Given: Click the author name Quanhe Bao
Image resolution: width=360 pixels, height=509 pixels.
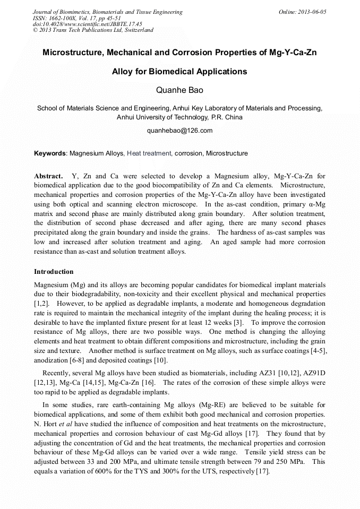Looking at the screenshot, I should point(179,90).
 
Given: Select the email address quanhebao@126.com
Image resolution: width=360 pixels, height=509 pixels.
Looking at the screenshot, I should point(179,131).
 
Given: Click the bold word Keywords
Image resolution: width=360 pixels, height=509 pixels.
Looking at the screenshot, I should point(50,153).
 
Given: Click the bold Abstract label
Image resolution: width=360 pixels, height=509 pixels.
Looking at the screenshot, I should point(48,176).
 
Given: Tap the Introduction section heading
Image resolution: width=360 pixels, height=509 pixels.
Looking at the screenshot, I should point(54,272).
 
